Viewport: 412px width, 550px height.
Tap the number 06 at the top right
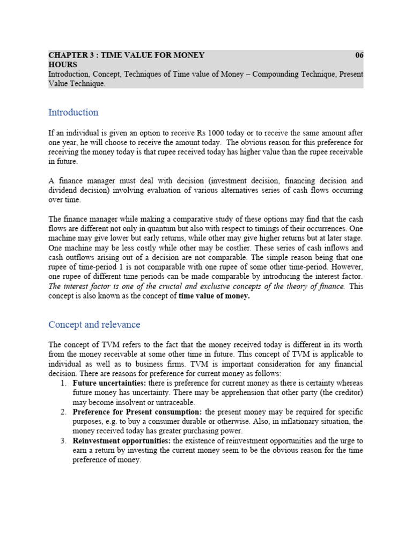tap(359, 55)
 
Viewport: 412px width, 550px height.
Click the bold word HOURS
tap(63, 64)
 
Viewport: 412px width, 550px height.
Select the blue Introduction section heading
tap(73, 112)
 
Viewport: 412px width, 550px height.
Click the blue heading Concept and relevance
tap(94, 324)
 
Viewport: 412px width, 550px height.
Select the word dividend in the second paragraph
tap(64, 191)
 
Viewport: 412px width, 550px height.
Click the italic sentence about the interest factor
tap(196, 286)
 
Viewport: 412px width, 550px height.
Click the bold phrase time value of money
tap(214, 296)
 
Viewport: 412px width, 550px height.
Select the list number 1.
tap(63, 383)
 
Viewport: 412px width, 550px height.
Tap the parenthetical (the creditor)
tap(339, 393)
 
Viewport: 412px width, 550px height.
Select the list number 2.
tap(63, 412)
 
